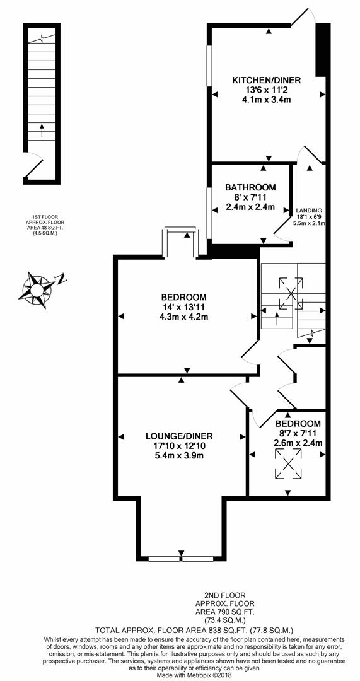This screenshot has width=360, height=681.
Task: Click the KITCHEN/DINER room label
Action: coord(266,80)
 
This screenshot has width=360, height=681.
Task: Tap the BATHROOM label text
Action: coord(250,187)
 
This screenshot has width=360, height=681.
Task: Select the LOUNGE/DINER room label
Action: coord(179,436)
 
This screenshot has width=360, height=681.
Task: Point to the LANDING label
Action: coord(310,211)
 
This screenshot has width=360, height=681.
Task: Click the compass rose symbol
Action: coord(37,288)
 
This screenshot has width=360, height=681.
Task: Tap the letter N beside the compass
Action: coord(62,278)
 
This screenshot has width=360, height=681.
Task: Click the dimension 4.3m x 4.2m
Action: coord(183,317)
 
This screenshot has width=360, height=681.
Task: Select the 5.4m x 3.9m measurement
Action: coord(179,456)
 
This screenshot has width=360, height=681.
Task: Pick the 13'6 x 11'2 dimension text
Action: coord(266,90)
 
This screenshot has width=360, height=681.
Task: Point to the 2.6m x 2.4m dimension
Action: coord(298,443)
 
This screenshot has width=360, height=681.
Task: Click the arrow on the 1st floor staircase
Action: coord(42,131)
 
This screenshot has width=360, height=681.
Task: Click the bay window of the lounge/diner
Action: coord(181,558)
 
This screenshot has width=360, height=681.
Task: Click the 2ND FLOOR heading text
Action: coord(224,595)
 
